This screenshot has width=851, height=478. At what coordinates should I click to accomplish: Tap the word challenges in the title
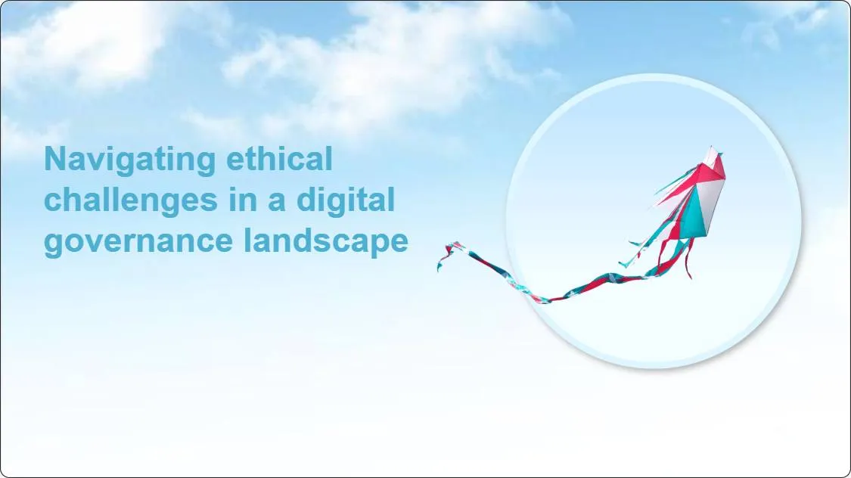pos(128,200)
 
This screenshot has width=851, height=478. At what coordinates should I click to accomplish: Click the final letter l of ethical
pos(328,160)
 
